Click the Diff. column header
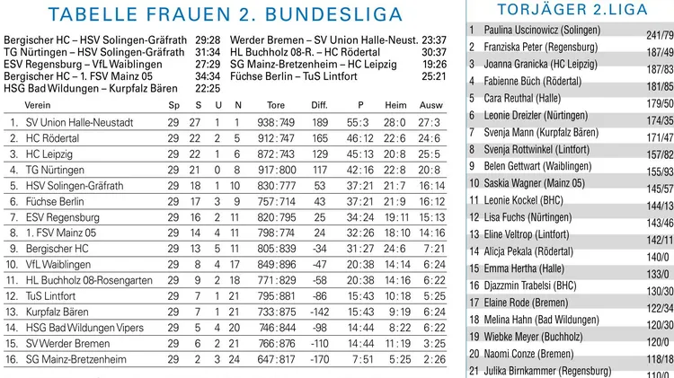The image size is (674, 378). pyautogui.click(x=320, y=105)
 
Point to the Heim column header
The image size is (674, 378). pyautogui.click(x=395, y=105)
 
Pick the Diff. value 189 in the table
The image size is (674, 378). pyautogui.click(x=320, y=121)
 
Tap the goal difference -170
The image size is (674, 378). pyautogui.click(x=318, y=358)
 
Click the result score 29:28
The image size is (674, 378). pyautogui.click(x=208, y=40)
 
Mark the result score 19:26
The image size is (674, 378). pyautogui.click(x=434, y=65)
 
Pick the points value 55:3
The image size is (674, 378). pyautogui.click(x=357, y=121)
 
